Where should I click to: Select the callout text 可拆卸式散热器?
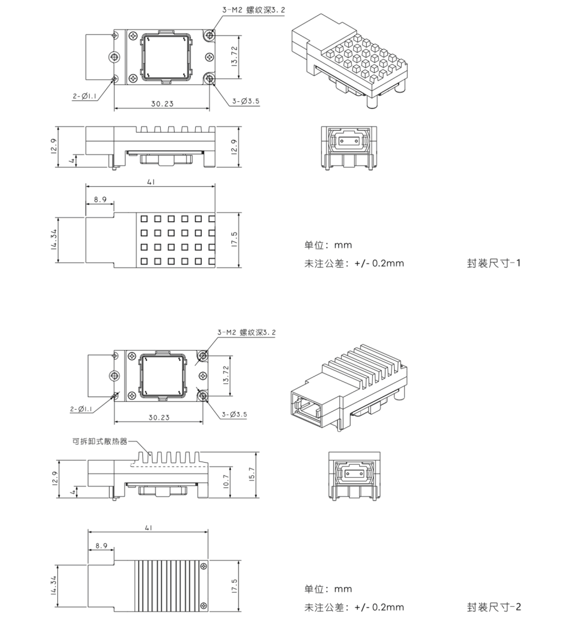point(99,440)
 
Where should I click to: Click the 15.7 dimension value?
point(251,474)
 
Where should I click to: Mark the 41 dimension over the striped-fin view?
point(148,528)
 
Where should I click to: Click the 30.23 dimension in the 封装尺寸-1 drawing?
point(162,104)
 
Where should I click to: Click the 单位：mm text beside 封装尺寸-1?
point(328,245)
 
